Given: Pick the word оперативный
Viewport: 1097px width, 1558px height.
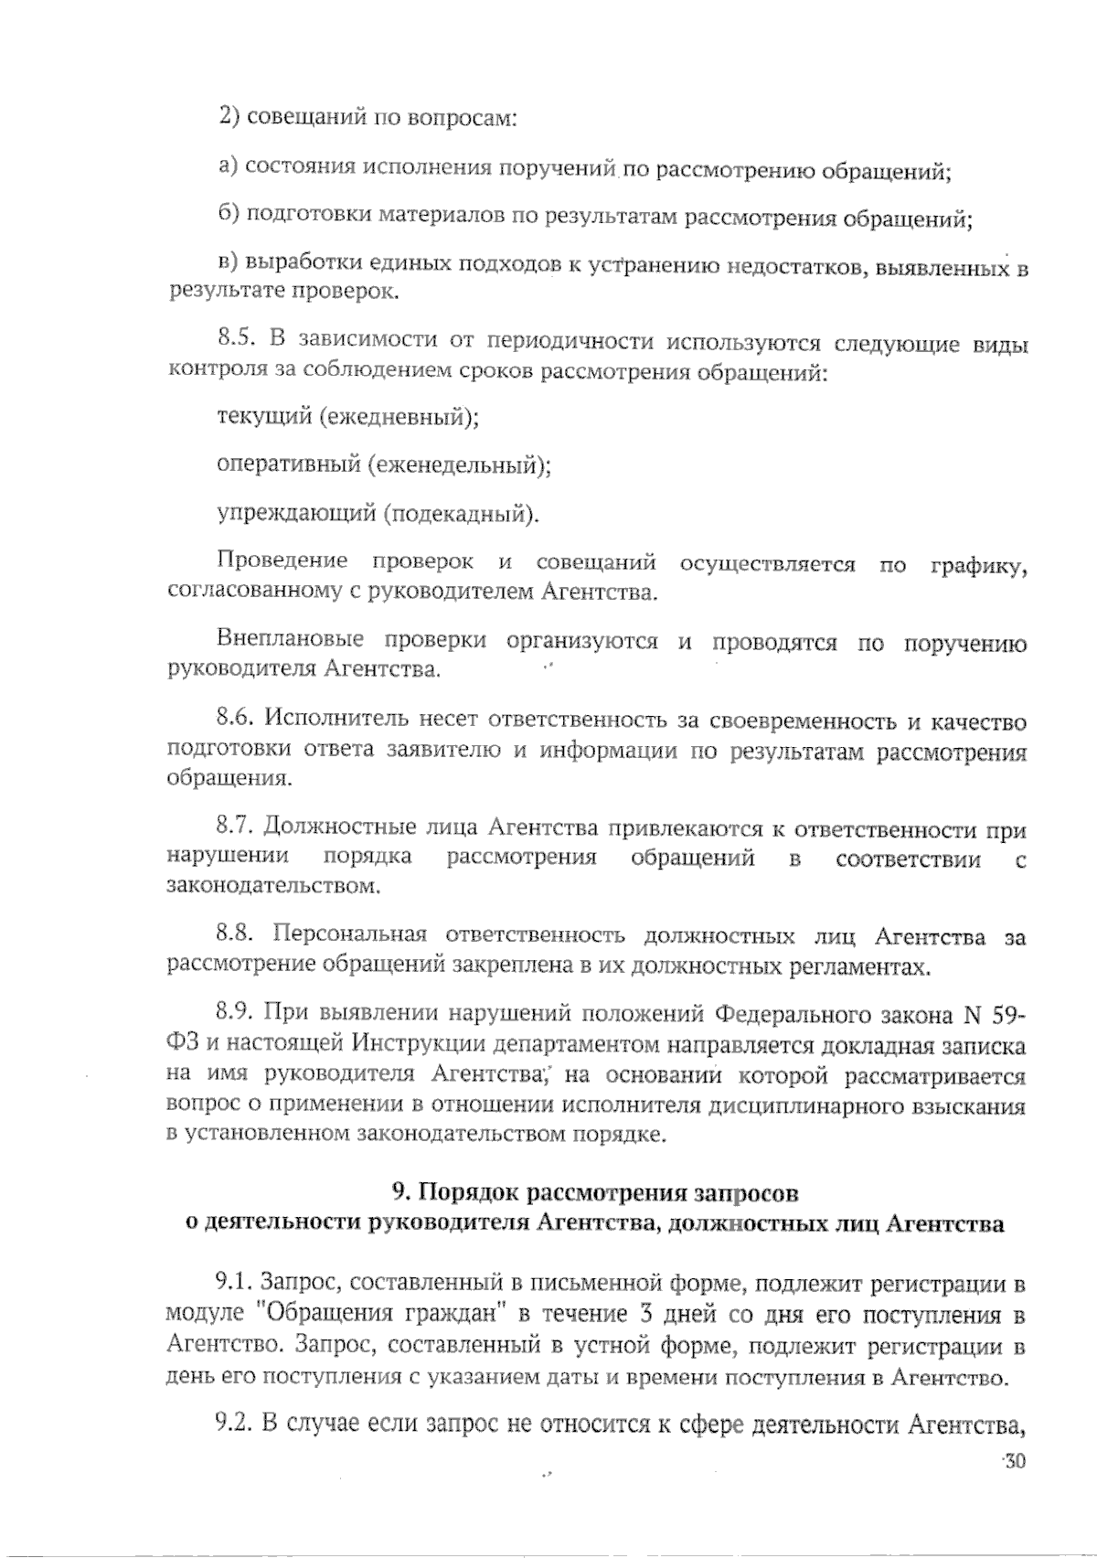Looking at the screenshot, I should (x=289, y=465).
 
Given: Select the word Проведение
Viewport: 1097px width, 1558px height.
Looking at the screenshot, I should (x=282, y=560).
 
